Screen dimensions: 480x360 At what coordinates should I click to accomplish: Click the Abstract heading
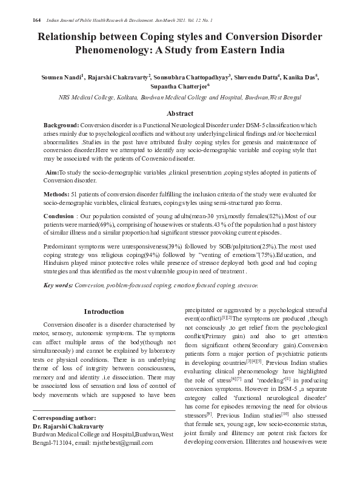(180, 113)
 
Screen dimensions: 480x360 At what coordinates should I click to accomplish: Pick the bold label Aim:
(52, 173)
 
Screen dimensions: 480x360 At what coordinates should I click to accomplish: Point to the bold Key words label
(58, 285)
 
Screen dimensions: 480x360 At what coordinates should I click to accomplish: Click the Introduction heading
(104, 312)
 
